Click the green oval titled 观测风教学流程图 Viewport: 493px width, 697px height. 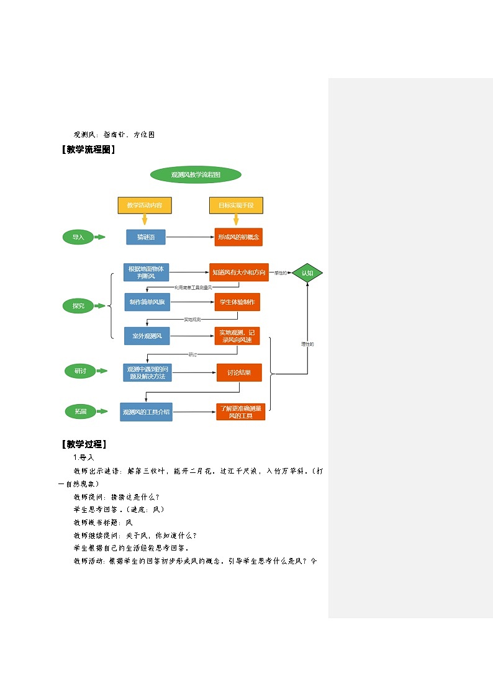[196, 174]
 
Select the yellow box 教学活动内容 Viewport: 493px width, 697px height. [145, 205]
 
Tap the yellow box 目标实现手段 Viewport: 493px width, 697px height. [236, 205]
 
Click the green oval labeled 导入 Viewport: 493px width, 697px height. [78, 237]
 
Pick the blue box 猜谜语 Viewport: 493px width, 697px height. [146, 237]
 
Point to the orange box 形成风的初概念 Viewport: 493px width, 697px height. [238, 237]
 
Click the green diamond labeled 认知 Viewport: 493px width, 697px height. [307, 272]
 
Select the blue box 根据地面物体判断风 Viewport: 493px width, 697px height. [147, 272]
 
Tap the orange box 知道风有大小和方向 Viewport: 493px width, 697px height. [238, 272]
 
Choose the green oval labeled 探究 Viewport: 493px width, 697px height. [78, 305]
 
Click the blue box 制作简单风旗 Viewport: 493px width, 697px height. [147, 302]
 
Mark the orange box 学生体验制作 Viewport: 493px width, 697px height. [237, 302]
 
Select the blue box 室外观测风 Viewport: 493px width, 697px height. [147, 336]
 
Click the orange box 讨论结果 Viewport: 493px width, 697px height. [239, 372]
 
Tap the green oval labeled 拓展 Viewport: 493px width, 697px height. [81, 411]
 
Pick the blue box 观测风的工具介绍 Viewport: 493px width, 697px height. [146, 411]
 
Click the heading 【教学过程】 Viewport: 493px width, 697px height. [84, 444]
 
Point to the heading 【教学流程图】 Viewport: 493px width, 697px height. [88, 149]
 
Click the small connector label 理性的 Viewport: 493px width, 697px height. [307, 344]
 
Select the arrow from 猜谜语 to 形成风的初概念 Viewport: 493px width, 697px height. [189, 237]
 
